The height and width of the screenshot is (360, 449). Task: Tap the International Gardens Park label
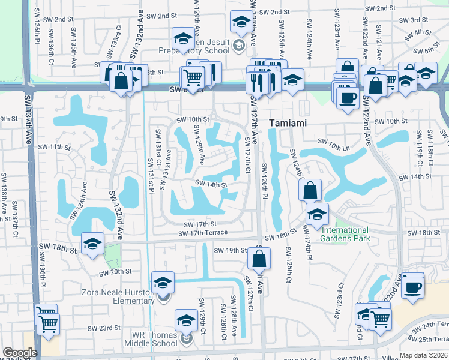tap(345, 234)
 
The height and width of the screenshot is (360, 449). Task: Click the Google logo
tap(20, 353)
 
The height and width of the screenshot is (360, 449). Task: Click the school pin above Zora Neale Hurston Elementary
tap(163, 281)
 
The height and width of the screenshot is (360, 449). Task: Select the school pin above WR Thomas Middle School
tap(186, 320)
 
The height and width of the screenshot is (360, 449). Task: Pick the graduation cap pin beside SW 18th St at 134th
tap(92, 242)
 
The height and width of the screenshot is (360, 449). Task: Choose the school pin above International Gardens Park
tap(317, 212)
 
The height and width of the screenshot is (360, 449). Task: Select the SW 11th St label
tap(55, 146)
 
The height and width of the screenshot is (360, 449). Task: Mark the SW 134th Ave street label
tap(80, 202)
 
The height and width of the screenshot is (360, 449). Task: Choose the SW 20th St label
tap(115, 272)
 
